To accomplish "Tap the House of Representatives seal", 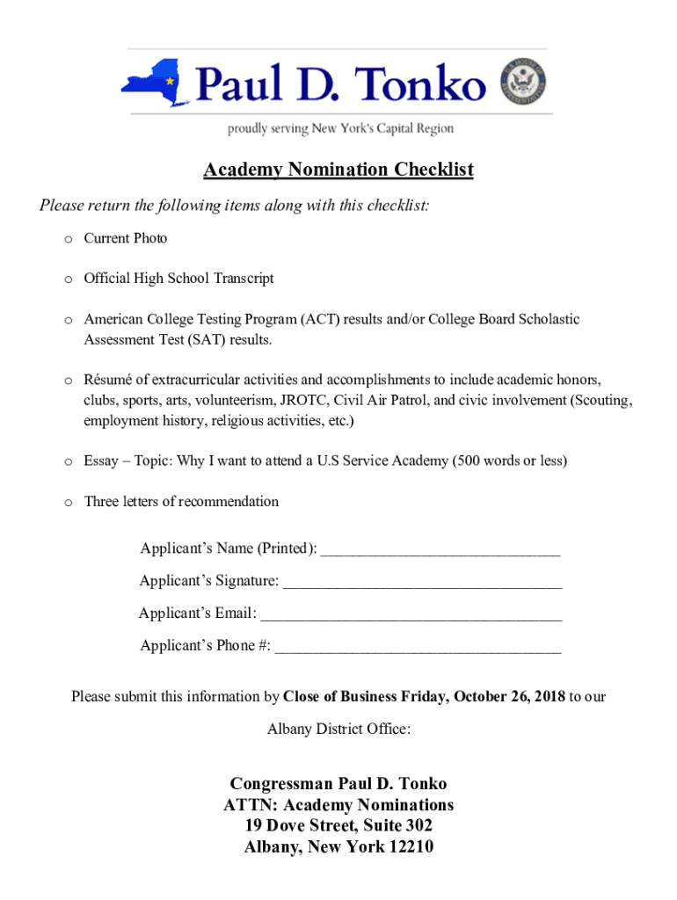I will pos(524,83).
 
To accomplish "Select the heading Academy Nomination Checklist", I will pos(338,170).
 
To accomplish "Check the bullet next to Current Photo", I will pos(68,239).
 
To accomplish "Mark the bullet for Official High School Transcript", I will pos(68,279).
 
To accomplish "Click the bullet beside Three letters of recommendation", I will pos(68,503).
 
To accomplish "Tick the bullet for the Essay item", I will pos(68,461).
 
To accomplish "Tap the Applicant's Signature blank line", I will pos(422,584).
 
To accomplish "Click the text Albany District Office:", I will pos(338,729).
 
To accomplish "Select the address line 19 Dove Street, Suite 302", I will pos(338,826).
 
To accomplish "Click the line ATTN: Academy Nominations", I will pos(338,805).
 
